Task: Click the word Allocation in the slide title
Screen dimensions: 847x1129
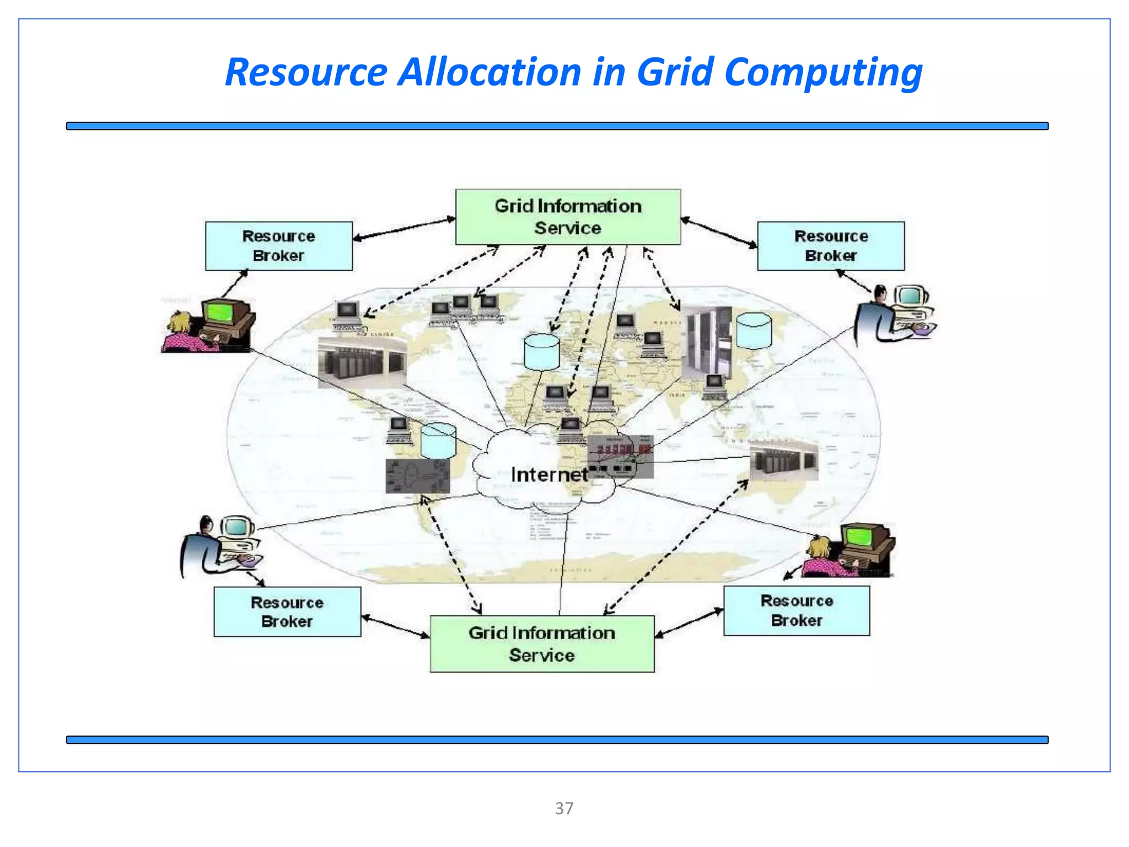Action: pyautogui.click(x=489, y=72)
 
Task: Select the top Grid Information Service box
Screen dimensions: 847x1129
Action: pyautogui.click(x=568, y=217)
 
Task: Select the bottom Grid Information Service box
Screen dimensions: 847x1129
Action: pyautogui.click(x=542, y=644)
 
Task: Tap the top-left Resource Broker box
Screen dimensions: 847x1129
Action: pyautogui.click(x=278, y=246)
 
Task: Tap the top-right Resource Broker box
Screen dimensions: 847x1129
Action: pyautogui.click(x=831, y=246)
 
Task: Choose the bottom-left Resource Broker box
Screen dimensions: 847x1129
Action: pyautogui.click(x=287, y=612)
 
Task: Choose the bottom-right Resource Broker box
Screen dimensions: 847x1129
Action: pyautogui.click(x=797, y=610)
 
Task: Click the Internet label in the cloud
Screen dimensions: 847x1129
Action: pyautogui.click(x=549, y=474)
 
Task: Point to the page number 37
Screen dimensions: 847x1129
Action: pyautogui.click(x=564, y=808)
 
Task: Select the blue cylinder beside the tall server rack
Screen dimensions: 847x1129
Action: pyautogui.click(x=754, y=331)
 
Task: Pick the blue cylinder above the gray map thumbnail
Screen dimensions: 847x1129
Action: pyautogui.click(x=438, y=440)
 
